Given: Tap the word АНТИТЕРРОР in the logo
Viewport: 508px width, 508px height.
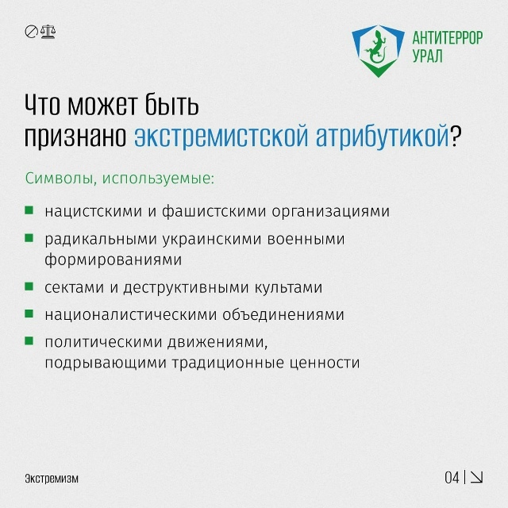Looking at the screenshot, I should point(447,38).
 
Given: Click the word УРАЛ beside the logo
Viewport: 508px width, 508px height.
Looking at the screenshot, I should point(429,57).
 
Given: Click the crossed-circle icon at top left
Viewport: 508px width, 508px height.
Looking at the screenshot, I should point(32,33).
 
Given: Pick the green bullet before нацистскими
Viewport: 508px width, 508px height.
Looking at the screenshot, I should point(29,211).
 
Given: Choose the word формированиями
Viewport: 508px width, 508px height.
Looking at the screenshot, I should point(114,259).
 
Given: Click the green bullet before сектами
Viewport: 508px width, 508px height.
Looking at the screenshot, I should point(29,287).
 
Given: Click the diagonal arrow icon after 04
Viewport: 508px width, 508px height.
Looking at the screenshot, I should point(477,477).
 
